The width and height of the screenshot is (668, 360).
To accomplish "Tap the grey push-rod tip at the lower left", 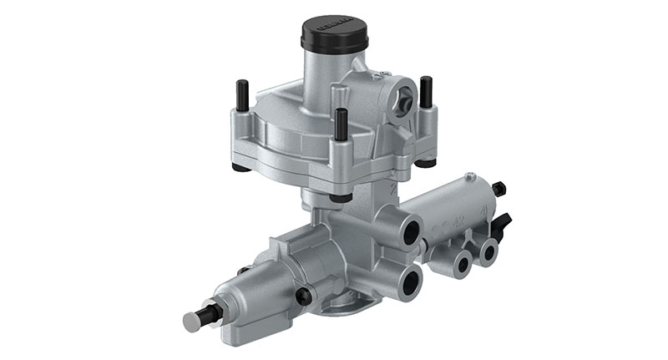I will coord(191,320).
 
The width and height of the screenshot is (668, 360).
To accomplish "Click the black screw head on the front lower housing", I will coord(304,295).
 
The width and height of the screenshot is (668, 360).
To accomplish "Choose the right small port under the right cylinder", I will coord(487,251).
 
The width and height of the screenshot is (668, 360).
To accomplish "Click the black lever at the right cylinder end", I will coord(503,224).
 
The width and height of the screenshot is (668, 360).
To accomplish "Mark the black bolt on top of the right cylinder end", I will coord(499,189).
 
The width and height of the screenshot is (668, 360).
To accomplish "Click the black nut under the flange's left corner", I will coord(240,165).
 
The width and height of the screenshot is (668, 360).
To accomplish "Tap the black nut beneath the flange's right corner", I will coord(425,160).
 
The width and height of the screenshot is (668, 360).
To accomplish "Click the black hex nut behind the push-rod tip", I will coord(210,314).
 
